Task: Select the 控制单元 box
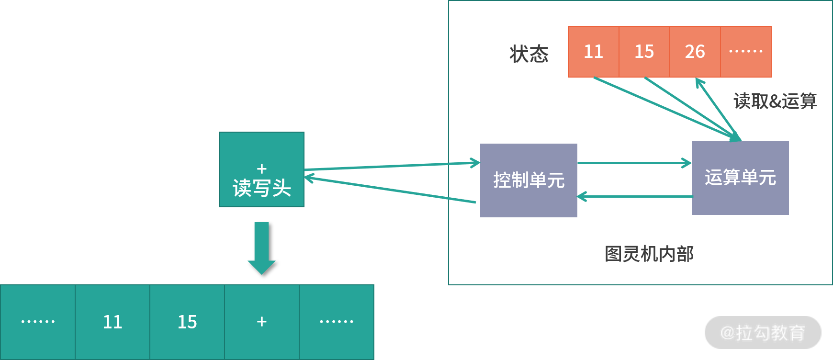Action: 529,180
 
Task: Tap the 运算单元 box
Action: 740,178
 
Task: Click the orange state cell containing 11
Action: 593,52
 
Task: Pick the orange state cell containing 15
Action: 644,52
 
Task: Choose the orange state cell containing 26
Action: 695,52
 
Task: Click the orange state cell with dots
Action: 746,52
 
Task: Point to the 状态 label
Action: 529,54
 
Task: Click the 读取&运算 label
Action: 775,101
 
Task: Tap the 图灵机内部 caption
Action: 649,254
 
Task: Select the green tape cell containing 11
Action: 113,322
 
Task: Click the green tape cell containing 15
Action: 187,322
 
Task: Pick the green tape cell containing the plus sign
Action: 262,322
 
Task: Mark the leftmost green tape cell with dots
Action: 38,322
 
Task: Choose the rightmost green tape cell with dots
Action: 337,322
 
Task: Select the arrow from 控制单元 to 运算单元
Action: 634,163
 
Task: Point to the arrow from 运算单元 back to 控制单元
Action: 634,196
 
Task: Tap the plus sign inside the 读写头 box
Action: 261,169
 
